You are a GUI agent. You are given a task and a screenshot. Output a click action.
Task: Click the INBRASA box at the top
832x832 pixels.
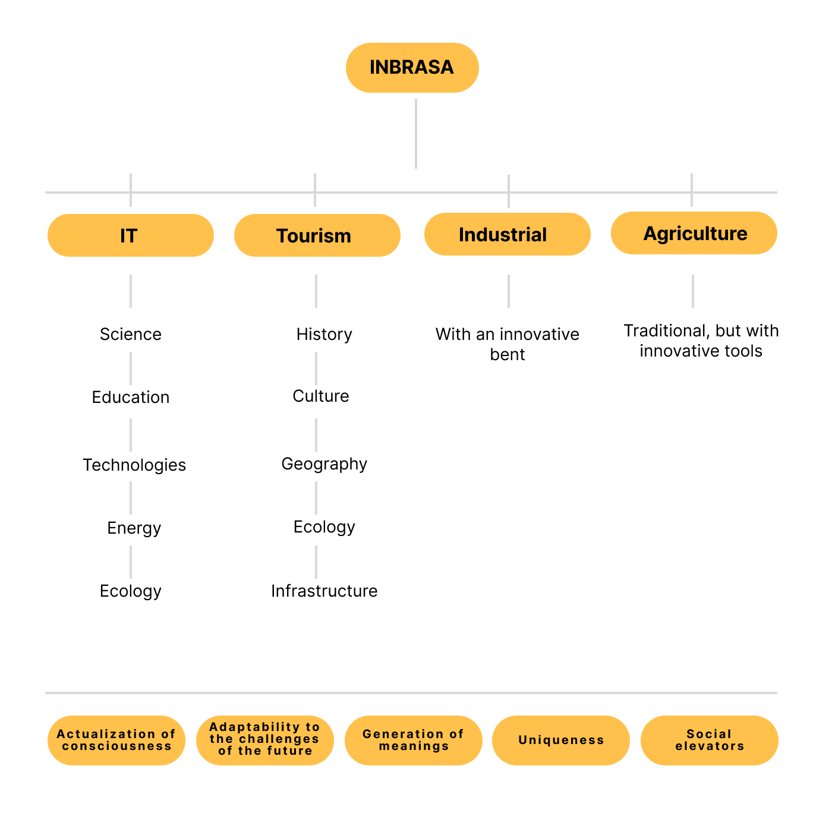412,68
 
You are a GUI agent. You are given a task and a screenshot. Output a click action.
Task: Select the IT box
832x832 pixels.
130,235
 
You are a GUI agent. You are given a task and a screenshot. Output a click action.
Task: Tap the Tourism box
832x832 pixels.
317,235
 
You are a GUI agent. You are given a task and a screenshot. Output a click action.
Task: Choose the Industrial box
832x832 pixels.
507,234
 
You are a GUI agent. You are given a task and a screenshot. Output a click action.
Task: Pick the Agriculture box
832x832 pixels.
694,233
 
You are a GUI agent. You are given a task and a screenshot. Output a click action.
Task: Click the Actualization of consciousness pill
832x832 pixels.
116,740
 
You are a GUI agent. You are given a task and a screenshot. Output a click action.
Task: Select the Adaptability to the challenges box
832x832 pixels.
264,740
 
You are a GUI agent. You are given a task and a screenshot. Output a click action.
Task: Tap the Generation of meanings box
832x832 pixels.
413,740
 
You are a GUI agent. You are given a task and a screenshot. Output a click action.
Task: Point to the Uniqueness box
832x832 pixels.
560,740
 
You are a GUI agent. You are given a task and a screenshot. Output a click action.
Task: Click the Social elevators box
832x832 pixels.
709,740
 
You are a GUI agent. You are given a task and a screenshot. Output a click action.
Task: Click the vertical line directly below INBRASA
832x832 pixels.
416,134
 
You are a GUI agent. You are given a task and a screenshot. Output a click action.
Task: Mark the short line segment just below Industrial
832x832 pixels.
509,291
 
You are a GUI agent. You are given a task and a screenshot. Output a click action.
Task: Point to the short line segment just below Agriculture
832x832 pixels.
693,291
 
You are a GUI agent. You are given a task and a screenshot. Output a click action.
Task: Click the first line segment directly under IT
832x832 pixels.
131,291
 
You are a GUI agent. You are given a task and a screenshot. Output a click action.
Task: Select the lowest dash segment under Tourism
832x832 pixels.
316,562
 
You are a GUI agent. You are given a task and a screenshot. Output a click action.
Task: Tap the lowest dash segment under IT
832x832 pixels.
131,562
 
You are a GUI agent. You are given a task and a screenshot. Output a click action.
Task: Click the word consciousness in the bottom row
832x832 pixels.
116,746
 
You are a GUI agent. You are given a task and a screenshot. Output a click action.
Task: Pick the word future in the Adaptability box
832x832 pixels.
289,751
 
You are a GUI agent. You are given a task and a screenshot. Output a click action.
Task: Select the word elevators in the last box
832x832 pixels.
710,746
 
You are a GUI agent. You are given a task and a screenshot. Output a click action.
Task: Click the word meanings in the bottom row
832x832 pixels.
414,746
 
